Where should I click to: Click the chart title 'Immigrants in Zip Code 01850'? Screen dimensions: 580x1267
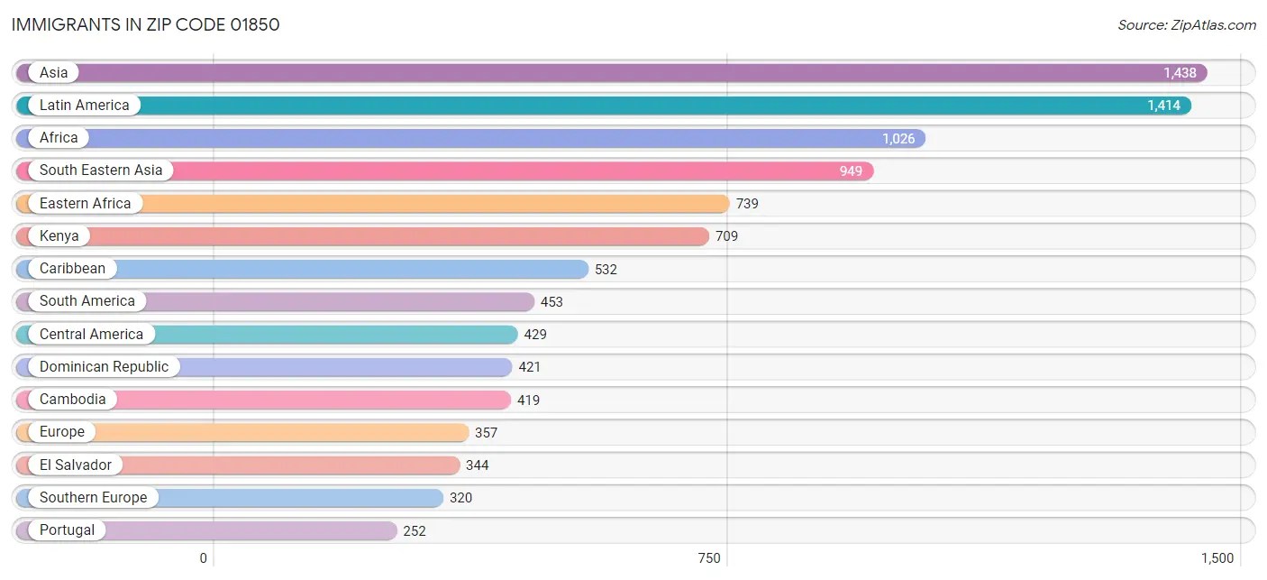tap(146, 24)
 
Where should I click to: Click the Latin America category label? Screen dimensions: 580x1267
tap(84, 106)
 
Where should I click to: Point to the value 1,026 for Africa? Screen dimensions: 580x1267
tap(898, 138)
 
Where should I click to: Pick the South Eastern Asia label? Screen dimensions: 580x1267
tap(101, 170)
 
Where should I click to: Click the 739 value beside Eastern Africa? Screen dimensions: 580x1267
tap(747, 204)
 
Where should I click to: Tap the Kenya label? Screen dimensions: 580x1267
tap(59, 236)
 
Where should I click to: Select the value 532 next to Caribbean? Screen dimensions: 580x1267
tap(606, 269)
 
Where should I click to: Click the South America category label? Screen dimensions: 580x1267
tap(87, 301)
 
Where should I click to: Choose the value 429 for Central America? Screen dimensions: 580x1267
tap(535, 335)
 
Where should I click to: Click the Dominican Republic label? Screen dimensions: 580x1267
tap(104, 367)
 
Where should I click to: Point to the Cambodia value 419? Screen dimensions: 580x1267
tap(528, 400)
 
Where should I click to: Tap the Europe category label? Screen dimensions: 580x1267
tap(61, 432)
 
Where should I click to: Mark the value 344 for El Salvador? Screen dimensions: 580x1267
tap(478, 465)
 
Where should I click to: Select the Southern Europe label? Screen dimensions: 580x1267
tap(93, 498)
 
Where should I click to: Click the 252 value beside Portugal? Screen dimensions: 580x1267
tap(415, 530)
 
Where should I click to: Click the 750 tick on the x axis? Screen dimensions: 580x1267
tap(709, 558)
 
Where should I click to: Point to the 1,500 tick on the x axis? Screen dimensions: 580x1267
tap(1217, 558)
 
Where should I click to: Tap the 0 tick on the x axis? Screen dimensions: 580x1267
tap(204, 558)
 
